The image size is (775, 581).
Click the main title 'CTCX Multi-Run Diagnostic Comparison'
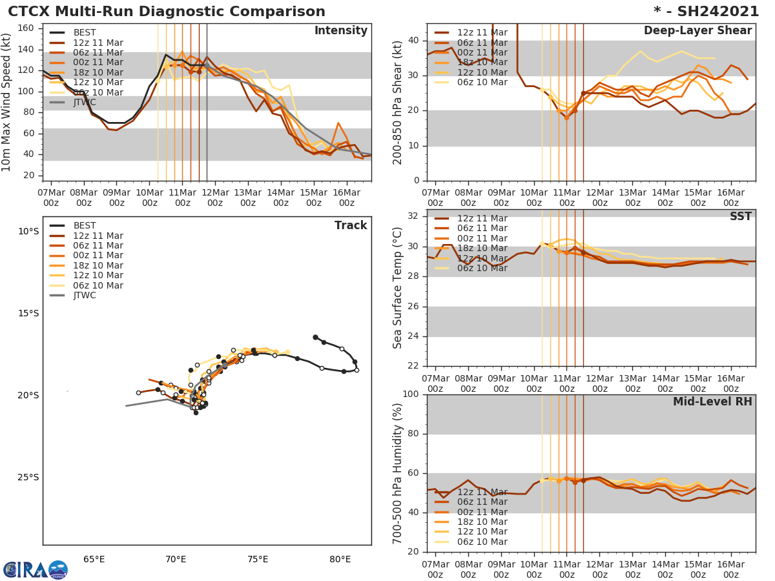click(x=167, y=12)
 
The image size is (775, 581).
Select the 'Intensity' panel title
click(x=340, y=31)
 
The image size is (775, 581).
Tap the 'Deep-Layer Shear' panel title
click(x=697, y=31)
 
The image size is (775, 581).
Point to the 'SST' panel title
click(x=740, y=217)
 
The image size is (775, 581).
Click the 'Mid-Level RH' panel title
click(x=712, y=402)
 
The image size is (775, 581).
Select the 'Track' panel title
click(x=351, y=225)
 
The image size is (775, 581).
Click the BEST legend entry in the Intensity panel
click(x=85, y=32)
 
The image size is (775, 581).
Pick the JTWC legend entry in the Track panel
click(x=85, y=296)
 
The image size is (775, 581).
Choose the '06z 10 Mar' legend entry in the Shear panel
click(x=482, y=82)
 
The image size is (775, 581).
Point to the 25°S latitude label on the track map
click(x=28, y=477)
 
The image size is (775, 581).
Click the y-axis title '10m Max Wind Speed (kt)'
click(x=8, y=103)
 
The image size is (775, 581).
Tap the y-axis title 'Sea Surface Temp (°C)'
click(x=398, y=288)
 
